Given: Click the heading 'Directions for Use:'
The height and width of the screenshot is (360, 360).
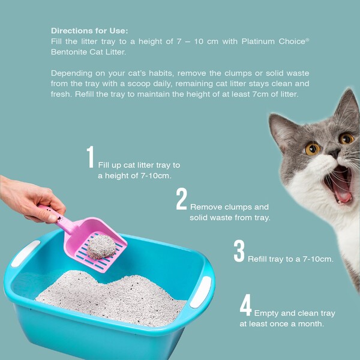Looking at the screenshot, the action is coord(89,31).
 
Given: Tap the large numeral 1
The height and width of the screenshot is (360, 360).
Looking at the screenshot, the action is coord(90,157).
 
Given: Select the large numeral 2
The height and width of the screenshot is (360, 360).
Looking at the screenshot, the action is coord(181,199).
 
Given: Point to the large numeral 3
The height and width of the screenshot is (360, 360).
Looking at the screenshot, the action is coord(239,251).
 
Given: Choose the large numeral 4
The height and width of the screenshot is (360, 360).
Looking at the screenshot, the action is coord(245,305).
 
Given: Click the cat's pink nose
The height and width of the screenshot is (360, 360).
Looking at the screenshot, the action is coord(334,153).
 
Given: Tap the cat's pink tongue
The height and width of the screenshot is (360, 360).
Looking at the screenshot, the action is coord(343,196).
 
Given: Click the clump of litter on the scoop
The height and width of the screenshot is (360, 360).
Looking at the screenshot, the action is coord(101,247).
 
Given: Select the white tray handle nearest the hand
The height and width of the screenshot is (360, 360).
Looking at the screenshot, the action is coord(26,253).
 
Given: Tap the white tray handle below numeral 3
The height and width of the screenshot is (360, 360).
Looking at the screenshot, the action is coord(201,292).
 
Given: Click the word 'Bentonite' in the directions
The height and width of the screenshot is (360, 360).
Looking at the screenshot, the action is coord(69,52).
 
